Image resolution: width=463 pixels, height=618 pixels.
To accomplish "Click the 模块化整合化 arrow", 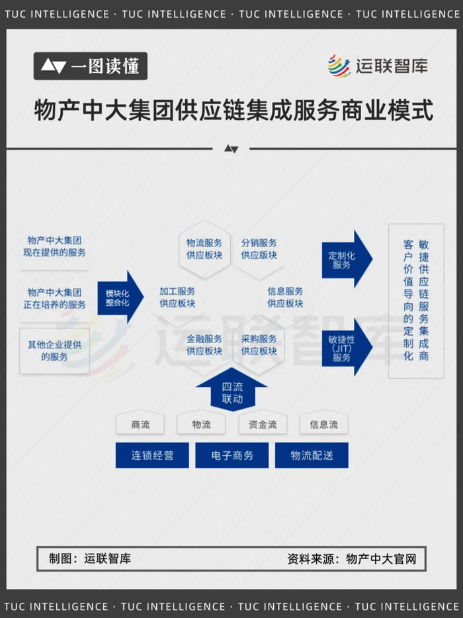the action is point(120,297).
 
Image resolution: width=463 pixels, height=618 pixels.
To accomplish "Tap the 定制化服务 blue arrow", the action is point(345,259).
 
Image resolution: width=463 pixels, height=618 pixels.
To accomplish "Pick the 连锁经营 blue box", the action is point(152,456).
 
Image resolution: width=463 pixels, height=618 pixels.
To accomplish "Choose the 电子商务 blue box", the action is point(232,456).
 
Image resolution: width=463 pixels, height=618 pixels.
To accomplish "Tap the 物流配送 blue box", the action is point(312,456).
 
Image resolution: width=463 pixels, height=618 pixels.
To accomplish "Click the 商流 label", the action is point(140,425).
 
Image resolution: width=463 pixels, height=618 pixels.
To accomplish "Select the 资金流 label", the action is point(263,425).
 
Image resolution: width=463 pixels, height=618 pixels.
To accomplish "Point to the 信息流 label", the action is point(324,425).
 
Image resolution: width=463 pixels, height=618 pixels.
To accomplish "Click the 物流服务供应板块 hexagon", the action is point(204,249).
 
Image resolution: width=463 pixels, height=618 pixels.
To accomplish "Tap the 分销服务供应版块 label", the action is point(259,249).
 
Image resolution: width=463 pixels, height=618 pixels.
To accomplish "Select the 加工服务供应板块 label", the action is point(177,297).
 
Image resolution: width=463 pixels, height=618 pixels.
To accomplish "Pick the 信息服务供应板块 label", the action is point(285,297).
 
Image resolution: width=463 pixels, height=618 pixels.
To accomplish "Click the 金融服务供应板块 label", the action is point(204,345).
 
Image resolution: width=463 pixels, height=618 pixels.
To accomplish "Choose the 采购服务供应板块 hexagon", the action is point(259,345).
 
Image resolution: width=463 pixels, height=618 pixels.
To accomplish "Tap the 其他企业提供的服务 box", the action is point(55,351).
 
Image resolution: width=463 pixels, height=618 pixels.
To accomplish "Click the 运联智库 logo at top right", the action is point(378,66).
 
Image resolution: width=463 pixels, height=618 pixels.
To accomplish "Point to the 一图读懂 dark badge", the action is point(91,66).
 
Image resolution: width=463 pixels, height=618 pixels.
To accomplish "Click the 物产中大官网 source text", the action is point(382,558).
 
